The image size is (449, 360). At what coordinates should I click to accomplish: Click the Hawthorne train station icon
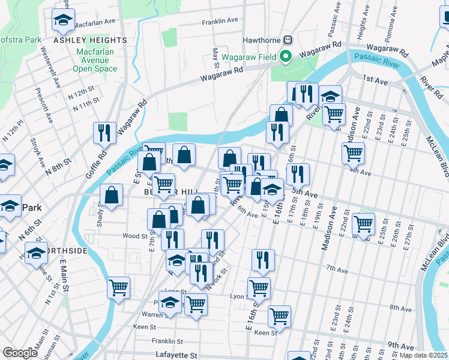tap(288, 40)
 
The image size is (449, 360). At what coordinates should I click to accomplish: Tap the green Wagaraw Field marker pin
tap(286, 57)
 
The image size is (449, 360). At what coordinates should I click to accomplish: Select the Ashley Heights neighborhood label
tap(90, 40)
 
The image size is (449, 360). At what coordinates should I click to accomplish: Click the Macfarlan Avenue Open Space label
tap(95, 60)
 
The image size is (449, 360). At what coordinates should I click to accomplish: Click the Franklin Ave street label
tap(220, 21)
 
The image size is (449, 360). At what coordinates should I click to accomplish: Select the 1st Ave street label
tap(376, 79)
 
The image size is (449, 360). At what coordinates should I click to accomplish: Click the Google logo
tap(20, 353)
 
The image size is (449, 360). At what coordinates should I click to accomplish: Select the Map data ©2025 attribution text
tap(423, 355)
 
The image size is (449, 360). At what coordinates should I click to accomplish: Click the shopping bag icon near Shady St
tap(112, 194)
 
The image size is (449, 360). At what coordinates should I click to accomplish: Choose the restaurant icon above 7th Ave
tap(262, 260)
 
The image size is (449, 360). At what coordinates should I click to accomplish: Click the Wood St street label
tap(135, 236)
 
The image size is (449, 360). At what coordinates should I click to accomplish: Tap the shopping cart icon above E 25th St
tap(363, 224)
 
